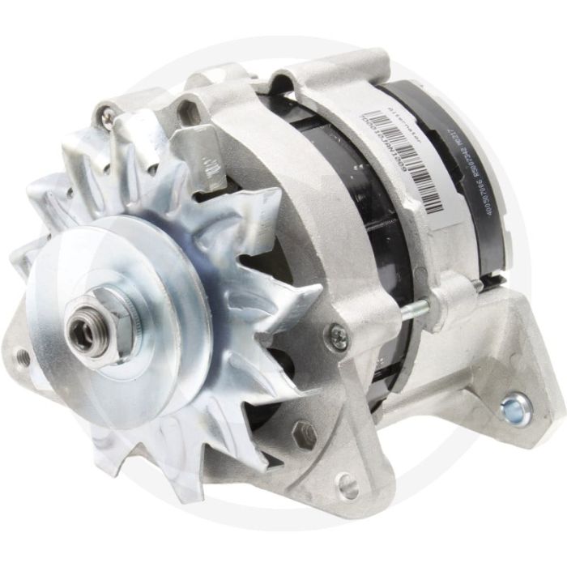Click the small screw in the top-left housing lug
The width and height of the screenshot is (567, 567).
pos(107,119)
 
